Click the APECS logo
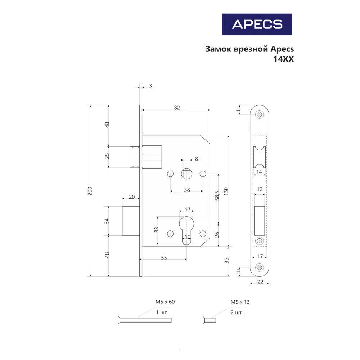coord(257,24)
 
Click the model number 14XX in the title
coord(284,60)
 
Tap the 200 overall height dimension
coord(90,191)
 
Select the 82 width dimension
coord(176,108)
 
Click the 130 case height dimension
coord(226,191)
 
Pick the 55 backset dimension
coord(163,258)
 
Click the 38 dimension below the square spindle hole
coord(187,190)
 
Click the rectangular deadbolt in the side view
coord(130,221)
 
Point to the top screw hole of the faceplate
coord(260,114)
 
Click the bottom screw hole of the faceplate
coord(260,267)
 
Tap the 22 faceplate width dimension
coord(260,283)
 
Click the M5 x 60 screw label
coord(165,302)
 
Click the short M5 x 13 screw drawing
coord(208,320)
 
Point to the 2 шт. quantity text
coord(237,312)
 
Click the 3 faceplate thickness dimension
coord(150,86)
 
